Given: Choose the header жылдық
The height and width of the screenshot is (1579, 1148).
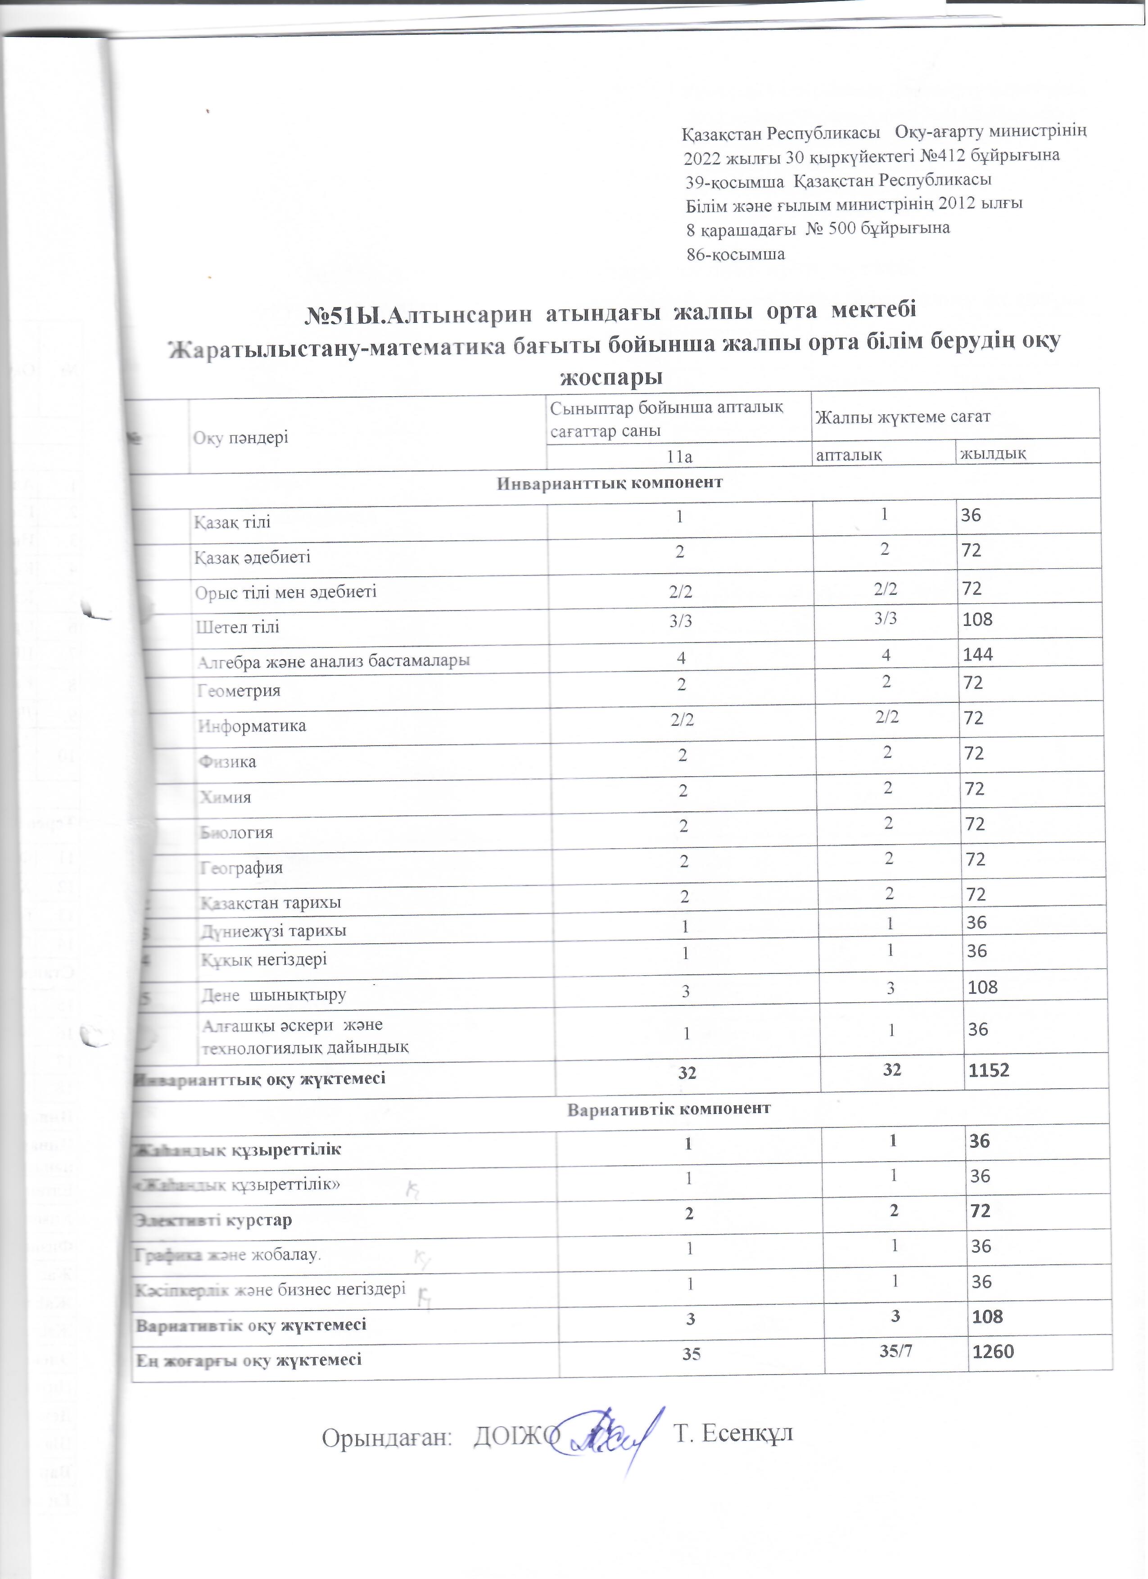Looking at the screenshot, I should (x=993, y=454).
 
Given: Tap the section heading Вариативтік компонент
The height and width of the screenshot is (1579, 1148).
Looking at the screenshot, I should (x=669, y=1108).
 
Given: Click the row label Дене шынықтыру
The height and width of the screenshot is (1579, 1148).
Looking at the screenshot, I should (x=274, y=994).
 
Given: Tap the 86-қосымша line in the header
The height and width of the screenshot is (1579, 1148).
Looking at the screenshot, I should (x=736, y=254).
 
